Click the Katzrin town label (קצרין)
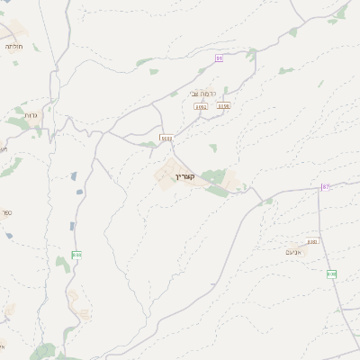[x=186, y=177]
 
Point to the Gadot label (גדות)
[x=31, y=116]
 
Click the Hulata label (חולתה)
[x=13, y=46]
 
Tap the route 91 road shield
[x=219, y=58]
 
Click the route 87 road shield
[x=326, y=187]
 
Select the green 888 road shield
[x=76, y=255]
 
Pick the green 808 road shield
[x=331, y=274]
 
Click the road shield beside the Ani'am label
[x=312, y=241]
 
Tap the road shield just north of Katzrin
[x=166, y=138]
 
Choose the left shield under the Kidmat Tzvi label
[x=201, y=106]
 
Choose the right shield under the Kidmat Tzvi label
[x=224, y=105]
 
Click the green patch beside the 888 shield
[x=63, y=265]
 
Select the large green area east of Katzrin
[x=216, y=177]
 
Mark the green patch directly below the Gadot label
[x=20, y=124]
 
